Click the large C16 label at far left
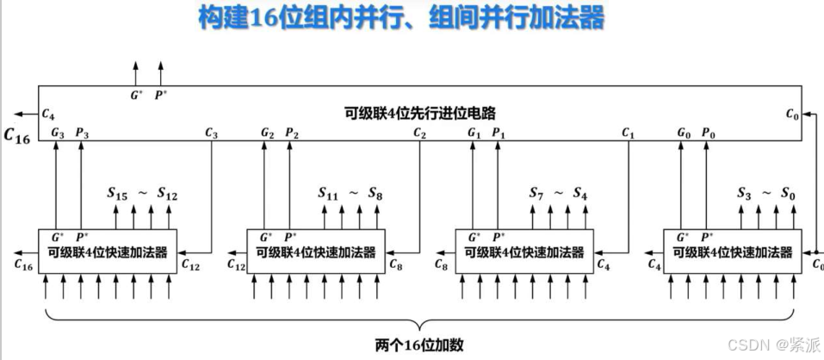click(x=17, y=135)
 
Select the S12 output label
click(x=167, y=195)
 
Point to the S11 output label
click(x=328, y=195)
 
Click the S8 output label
click(x=376, y=195)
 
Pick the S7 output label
click(x=537, y=195)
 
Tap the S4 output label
click(x=584, y=195)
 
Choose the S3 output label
click(x=747, y=195)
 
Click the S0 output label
click(x=790, y=195)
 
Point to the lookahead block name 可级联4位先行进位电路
click(x=420, y=113)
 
